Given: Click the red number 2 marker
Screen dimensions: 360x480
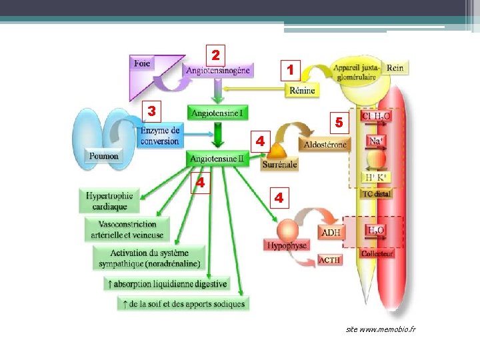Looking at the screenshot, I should (x=215, y=54).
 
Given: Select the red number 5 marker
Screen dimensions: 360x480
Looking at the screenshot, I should (x=339, y=123).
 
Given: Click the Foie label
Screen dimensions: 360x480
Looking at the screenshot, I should (x=142, y=63).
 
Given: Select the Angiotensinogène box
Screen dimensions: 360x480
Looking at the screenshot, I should (x=218, y=70).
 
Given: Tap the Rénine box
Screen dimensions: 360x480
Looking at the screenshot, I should (x=302, y=91).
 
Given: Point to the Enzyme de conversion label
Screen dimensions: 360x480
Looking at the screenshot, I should (x=160, y=136).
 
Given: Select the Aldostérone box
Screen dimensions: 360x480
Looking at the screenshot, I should (x=325, y=145).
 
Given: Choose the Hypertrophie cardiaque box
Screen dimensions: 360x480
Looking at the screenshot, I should (x=110, y=201).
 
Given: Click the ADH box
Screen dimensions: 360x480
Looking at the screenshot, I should (x=331, y=233).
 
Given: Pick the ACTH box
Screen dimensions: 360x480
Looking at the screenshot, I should (x=330, y=260).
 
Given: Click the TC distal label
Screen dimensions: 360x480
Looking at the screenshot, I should (x=377, y=194).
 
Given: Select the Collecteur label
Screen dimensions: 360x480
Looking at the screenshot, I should (x=377, y=253).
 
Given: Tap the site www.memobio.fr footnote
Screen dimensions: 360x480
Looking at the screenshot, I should (x=380, y=330).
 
